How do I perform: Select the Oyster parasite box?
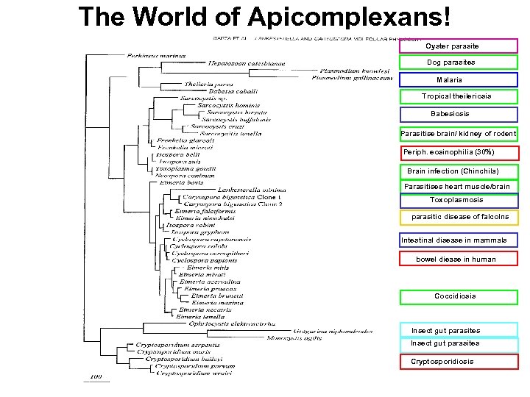(457, 46)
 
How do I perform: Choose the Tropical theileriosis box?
(457, 96)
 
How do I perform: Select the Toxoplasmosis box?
(458, 200)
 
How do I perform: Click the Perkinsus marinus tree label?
(156, 55)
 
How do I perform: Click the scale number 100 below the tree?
(96, 376)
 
